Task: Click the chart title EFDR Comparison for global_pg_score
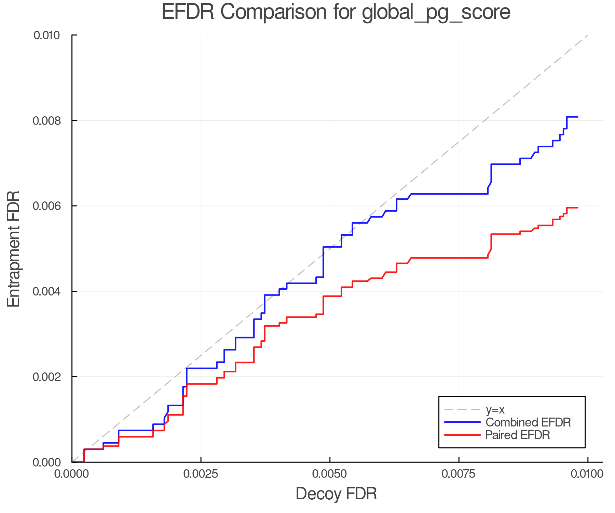tap(336, 12)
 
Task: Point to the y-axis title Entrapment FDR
tap(14, 249)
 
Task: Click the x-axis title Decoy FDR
tap(336, 494)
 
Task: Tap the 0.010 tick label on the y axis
tap(46, 35)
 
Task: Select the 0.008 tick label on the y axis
tap(46, 120)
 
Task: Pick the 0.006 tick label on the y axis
tap(46, 206)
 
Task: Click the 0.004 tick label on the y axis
tap(46, 291)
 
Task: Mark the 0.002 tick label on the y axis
tap(46, 377)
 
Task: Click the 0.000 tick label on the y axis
tap(46, 462)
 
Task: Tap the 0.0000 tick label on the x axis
tap(72, 474)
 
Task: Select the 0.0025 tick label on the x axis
tap(201, 474)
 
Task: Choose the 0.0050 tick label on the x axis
tap(330, 474)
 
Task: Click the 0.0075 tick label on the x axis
tap(459, 474)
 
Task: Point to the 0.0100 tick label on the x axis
tap(588, 474)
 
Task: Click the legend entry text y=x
tap(495, 409)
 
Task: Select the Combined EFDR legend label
tap(528, 422)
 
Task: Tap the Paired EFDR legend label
tap(518, 435)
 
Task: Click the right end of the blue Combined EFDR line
tap(577, 117)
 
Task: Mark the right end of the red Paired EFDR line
tap(577, 208)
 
